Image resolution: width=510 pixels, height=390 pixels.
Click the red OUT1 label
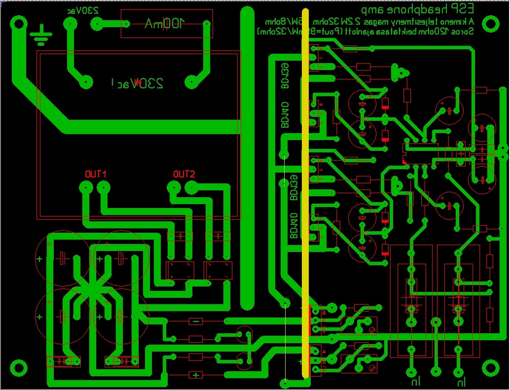pos(96,175)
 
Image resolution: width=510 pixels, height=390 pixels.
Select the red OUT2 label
pos(184,175)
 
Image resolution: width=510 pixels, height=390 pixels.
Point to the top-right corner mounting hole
pos(491,23)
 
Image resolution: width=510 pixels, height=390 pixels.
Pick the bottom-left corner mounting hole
pos(19,368)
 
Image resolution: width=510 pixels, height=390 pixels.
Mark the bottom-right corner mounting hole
pos(491,368)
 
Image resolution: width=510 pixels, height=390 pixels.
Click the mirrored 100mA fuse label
pos(164,23)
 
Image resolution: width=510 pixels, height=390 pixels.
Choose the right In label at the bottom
pos(460,381)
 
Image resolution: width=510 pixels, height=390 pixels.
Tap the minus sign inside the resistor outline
pos(196,321)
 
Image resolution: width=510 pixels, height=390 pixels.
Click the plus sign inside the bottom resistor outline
pos(196,375)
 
